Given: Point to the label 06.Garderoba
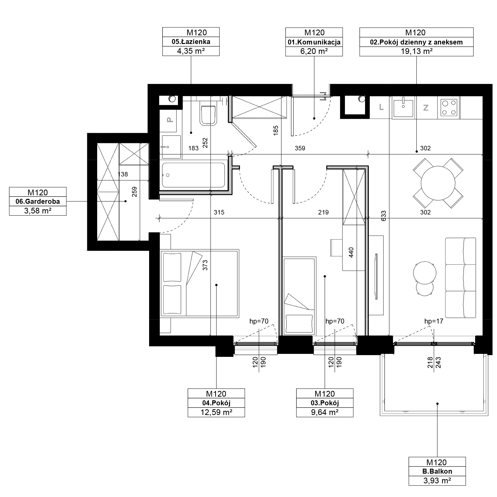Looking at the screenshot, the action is [38, 202].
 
